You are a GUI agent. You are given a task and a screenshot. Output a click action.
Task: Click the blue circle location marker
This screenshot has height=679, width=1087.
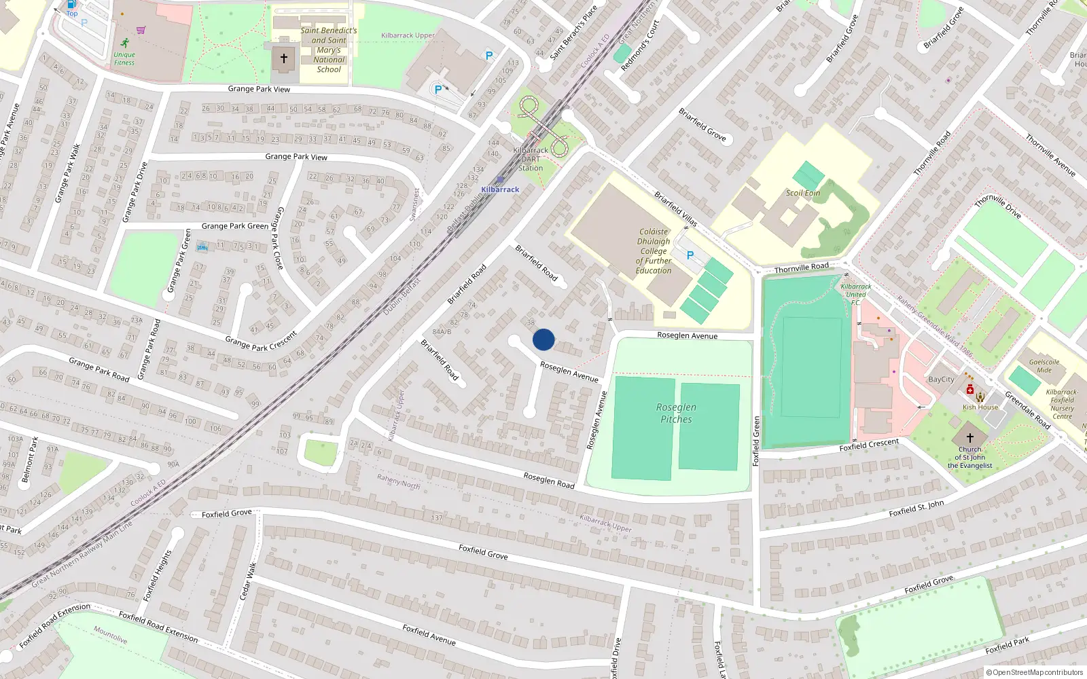tap(543, 339)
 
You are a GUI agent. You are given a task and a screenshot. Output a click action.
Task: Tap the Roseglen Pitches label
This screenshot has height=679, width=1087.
tap(676, 413)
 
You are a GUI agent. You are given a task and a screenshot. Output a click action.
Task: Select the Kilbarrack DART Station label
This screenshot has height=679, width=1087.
tap(531, 159)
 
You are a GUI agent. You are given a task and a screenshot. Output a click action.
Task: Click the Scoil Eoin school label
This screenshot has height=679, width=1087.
tap(803, 193)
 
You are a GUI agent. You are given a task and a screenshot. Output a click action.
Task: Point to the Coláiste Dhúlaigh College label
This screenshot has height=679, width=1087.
tap(654, 251)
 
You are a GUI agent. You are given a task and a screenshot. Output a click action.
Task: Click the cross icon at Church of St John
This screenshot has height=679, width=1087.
tap(970, 438)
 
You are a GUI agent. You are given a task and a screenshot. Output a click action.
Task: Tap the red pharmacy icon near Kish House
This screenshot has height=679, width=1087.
tap(970, 390)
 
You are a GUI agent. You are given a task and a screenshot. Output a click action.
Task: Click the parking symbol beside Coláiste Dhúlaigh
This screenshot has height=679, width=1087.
tap(690, 255)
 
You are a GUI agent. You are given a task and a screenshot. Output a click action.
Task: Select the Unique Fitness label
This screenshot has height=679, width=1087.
tap(124, 58)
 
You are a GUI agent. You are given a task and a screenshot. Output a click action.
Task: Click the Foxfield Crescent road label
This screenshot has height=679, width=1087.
tap(869, 445)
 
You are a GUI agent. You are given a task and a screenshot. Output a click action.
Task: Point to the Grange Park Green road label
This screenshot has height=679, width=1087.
tap(235, 226)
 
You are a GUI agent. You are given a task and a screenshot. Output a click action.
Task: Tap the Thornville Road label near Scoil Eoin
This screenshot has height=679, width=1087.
tap(802, 268)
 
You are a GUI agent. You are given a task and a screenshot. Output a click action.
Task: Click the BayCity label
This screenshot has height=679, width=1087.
tap(941, 380)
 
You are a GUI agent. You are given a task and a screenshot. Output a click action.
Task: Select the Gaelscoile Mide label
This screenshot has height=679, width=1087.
tap(1044, 366)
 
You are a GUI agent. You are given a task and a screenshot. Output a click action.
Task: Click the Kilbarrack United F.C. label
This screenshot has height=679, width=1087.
tap(855, 294)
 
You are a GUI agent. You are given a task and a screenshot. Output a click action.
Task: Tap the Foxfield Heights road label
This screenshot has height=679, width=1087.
tap(158, 575)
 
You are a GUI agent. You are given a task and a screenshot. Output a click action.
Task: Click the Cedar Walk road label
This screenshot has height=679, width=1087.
tap(249, 580)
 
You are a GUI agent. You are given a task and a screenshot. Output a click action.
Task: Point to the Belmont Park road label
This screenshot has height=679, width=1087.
tap(30, 460)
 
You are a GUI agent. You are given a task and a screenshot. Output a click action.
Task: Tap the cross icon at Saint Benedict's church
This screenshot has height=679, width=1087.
tap(284, 58)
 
